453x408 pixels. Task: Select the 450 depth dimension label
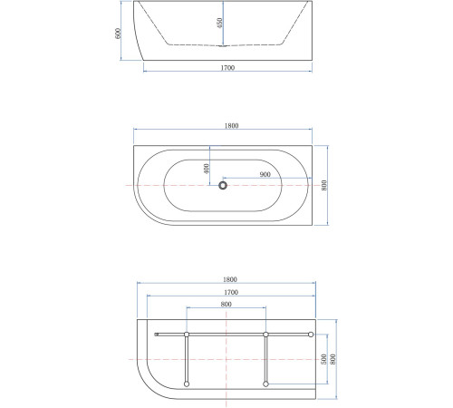220,24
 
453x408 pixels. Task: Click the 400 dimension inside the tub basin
207,168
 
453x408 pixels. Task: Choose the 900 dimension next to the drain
265,174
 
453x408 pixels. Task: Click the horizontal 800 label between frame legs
226,306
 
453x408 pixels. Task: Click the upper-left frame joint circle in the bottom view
186,335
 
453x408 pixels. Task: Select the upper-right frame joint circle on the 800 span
265,335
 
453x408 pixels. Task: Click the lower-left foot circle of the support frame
186,384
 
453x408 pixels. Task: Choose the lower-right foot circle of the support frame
265,384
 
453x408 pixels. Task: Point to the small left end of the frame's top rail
157,335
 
